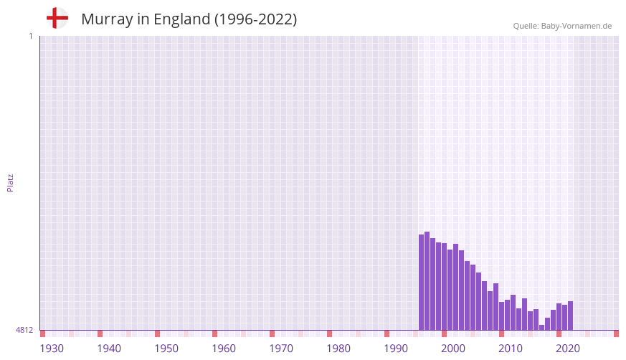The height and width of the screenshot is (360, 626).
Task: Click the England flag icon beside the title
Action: pos(57,19)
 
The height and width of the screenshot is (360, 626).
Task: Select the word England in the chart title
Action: pos(181,19)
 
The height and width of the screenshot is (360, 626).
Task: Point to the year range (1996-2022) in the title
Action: pos(255,19)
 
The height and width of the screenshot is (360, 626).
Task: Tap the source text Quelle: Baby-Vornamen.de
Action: pos(562,26)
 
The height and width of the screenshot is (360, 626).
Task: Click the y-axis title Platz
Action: pos(10,182)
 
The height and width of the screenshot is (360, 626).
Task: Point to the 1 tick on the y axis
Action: pos(30,36)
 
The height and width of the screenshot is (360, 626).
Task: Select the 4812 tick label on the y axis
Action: pos(24,330)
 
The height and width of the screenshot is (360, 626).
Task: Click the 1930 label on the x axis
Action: pos(52,349)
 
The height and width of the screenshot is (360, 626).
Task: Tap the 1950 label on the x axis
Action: pos(166,349)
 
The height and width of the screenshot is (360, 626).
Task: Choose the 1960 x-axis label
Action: pos(224,349)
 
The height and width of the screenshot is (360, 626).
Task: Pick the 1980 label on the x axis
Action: pos(338,349)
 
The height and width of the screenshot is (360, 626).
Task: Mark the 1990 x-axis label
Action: pos(396,349)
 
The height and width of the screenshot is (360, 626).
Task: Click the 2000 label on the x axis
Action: pos(453,349)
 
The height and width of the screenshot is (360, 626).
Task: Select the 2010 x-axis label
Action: pos(511,349)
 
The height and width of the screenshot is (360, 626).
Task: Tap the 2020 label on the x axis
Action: pos(568,349)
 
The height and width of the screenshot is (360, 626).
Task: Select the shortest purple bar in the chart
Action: pos(542,328)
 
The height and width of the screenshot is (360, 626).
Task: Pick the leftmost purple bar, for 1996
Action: pos(422,283)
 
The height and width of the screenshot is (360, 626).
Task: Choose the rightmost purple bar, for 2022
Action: pos(571,316)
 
